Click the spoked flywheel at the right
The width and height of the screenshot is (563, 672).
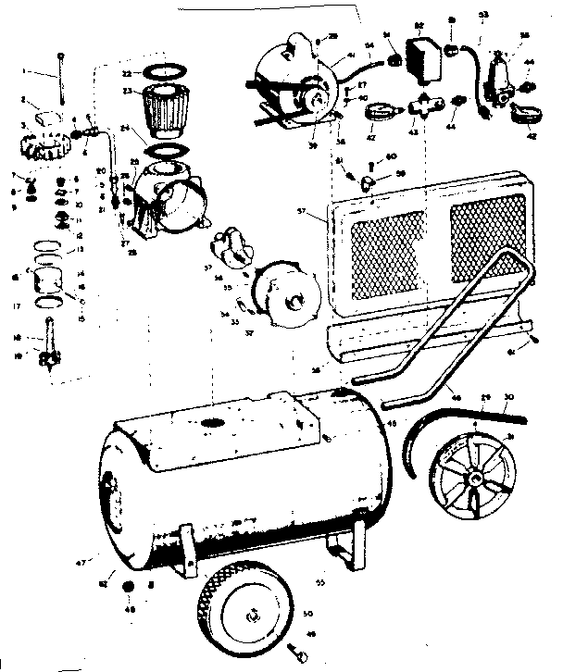point(475,480)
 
